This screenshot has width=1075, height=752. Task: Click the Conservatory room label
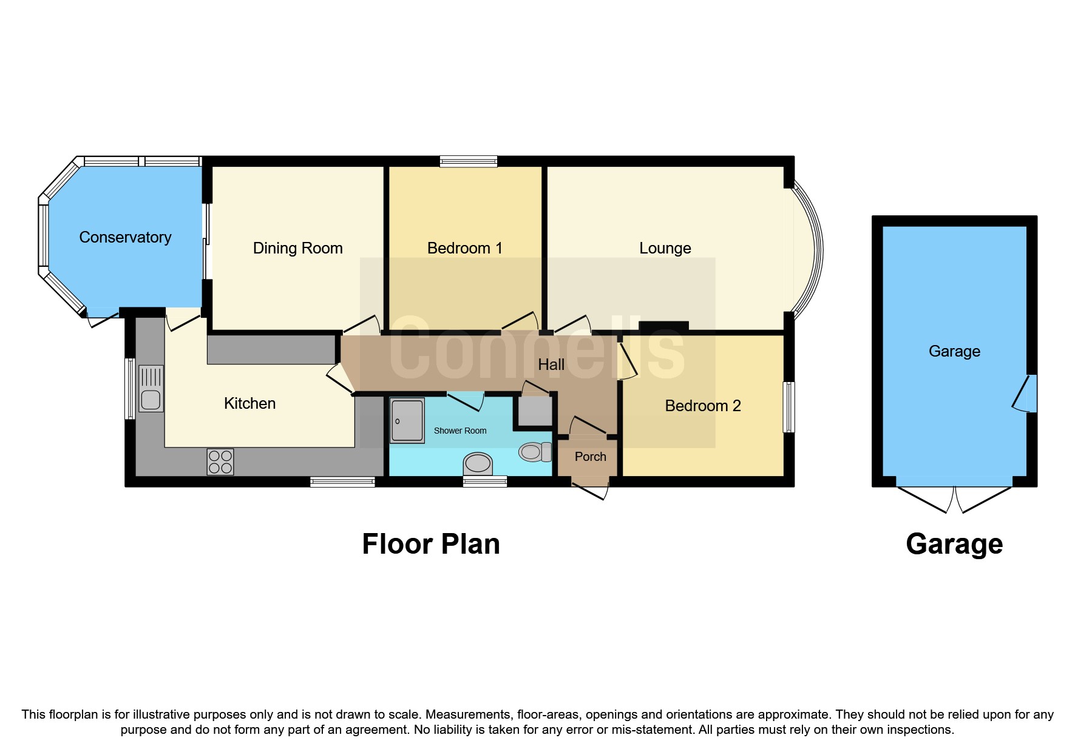(x=125, y=237)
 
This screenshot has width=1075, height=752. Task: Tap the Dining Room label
(x=297, y=248)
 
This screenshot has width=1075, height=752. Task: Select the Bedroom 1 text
(x=464, y=248)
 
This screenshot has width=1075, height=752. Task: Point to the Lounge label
(x=665, y=248)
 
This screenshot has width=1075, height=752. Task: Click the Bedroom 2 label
(x=702, y=406)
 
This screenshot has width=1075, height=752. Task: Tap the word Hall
(x=551, y=364)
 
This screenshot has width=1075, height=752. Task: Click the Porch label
(x=590, y=457)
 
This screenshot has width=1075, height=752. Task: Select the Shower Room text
(x=460, y=431)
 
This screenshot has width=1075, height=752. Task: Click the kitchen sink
(x=151, y=389)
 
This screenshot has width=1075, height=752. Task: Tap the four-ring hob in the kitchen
(x=220, y=462)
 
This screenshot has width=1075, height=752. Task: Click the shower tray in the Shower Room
(x=407, y=420)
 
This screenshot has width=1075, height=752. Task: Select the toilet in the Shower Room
(x=534, y=452)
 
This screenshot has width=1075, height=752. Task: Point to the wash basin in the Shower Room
(x=477, y=464)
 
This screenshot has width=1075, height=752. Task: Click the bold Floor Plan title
(x=430, y=544)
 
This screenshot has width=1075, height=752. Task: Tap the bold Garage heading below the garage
(x=954, y=544)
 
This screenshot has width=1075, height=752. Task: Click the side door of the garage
(x=1028, y=393)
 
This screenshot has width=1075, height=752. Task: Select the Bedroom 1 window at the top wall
(x=468, y=161)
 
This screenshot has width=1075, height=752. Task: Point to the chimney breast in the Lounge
(x=663, y=326)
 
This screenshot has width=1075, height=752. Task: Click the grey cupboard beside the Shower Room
(x=535, y=411)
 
